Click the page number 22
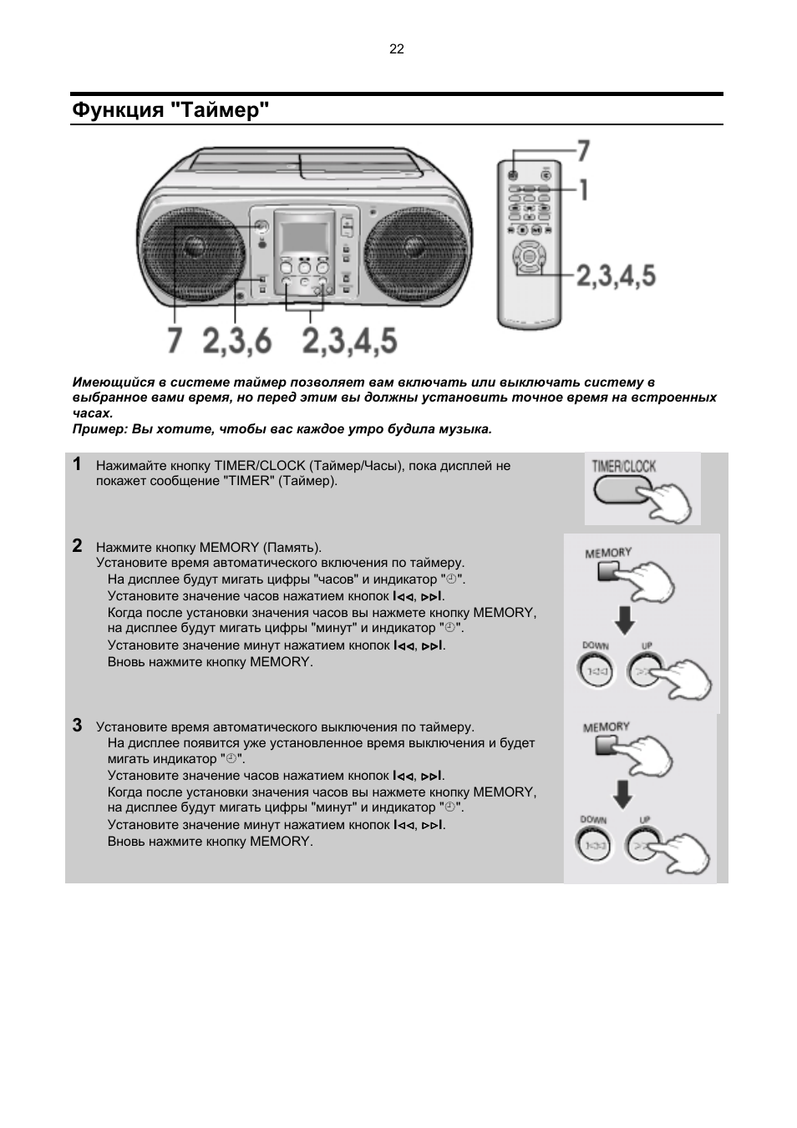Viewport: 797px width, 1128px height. click(x=397, y=49)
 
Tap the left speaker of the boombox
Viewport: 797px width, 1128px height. click(x=194, y=250)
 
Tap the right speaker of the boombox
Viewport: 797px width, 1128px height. click(x=415, y=250)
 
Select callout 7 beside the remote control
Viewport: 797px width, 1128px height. click(x=583, y=151)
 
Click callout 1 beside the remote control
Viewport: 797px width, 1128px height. click(x=584, y=190)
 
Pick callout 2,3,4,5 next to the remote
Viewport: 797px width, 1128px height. click(x=616, y=275)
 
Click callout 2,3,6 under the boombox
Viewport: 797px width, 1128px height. click(x=236, y=341)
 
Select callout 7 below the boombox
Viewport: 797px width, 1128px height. click(x=174, y=341)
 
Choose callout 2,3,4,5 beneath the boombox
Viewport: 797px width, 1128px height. click(x=349, y=341)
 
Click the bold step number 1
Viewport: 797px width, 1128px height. click(x=77, y=464)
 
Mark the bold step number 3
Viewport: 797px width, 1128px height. click(x=77, y=725)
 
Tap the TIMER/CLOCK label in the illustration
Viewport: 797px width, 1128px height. click(x=624, y=466)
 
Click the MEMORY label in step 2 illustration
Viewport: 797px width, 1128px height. click(x=608, y=553)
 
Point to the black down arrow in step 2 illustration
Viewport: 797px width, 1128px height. click(x=624, y=620)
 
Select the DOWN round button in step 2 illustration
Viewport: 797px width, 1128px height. click(x=596, y=670)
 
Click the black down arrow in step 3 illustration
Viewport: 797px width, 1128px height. click(x=622, y=793)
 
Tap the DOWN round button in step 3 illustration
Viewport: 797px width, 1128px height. click(x=594, y=845)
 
